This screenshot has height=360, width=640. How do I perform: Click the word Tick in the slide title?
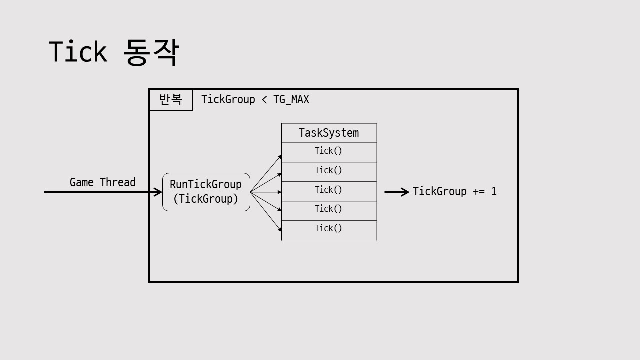(78, 52)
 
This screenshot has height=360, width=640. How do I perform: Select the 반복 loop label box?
(171, 100)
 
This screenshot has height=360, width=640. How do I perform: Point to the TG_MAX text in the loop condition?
(291, 100)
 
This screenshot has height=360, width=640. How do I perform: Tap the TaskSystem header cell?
(328, 133)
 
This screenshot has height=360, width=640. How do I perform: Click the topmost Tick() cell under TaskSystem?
(328, 151)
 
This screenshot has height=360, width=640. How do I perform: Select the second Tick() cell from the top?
(328, 171)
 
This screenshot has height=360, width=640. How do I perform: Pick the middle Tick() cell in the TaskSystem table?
(328, 190)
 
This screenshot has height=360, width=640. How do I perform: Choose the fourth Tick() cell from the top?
(328, 209)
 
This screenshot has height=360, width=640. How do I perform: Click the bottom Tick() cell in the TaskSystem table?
(328, 229)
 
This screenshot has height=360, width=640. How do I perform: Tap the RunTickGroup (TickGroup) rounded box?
(206, 192)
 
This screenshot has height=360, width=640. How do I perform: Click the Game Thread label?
(102, 182)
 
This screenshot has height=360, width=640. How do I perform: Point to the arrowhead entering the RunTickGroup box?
(158, 192)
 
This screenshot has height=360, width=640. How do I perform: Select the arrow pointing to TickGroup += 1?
(397, 192)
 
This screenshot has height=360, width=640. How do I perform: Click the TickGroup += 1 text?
(454, 192)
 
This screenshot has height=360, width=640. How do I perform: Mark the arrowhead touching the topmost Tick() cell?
(280, 156)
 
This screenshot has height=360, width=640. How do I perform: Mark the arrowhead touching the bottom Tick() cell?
(280, 229)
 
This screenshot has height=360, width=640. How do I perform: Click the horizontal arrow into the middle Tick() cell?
(266, 192)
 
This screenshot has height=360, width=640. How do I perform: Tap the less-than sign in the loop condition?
(264, 100)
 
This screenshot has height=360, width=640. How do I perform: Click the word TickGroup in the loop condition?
(228, 100)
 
